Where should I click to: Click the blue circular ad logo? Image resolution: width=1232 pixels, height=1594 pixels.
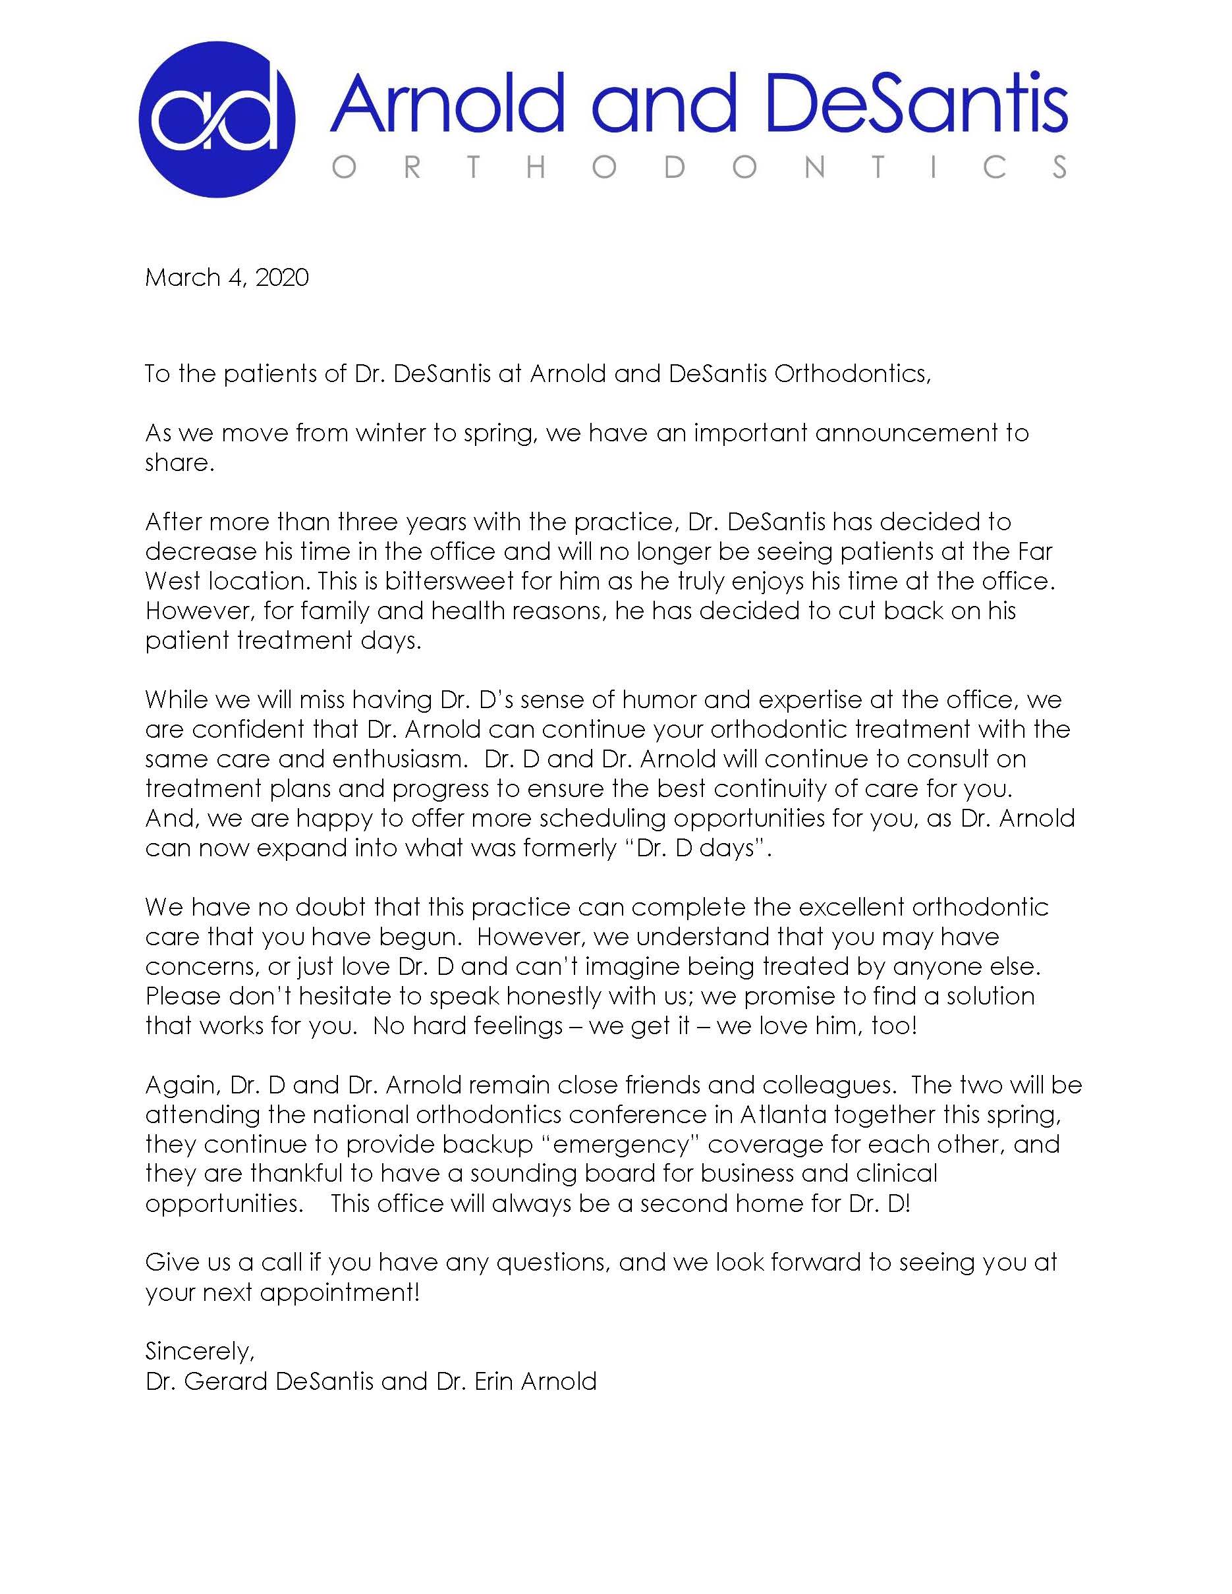pos(217,119)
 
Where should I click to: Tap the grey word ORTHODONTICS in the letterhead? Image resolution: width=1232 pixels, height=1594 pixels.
pos(699,168)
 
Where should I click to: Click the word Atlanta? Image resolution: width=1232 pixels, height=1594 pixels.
pos(783,1114)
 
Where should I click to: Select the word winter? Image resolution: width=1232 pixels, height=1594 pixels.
pos(391,433)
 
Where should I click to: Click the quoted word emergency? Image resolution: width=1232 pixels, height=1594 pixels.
pos(621,1143)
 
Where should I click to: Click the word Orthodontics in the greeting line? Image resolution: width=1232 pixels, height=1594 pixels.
pos(851,373)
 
